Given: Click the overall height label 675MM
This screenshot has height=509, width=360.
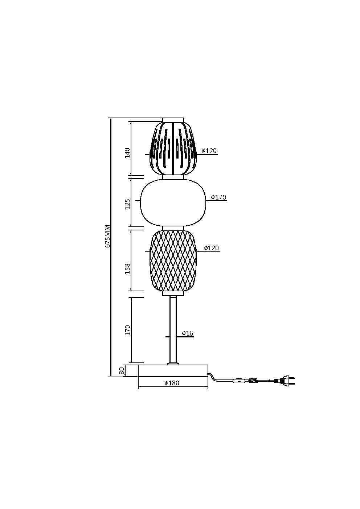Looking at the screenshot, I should (x=107, y=236).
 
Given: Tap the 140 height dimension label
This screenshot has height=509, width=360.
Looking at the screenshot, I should (x=127, y=152).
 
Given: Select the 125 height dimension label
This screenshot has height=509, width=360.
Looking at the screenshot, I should (x=127, y=204).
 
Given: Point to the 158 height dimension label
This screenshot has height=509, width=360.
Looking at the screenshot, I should (x=127, y=268).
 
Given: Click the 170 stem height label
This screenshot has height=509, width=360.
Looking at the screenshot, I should (x=127, y=330).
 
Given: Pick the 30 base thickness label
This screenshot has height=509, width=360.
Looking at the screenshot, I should (x=122, y=370).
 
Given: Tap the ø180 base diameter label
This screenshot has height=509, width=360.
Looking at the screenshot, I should (x=172, y=383).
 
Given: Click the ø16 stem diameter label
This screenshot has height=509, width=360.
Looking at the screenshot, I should (x=187, y=333).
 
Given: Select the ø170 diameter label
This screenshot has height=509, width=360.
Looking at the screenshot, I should (x=218, y=197).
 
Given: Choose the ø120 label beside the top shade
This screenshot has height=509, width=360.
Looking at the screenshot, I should (x=209, y=151).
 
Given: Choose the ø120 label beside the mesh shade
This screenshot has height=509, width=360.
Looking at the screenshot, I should (x=211, y=248).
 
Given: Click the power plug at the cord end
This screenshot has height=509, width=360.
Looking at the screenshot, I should (x=285, y=381).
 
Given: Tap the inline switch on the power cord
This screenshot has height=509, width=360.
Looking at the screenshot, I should (x=238, y=380).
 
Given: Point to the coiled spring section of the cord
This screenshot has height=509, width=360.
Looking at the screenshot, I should (x=254, y=381).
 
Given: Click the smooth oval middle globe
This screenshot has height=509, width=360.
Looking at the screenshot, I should (x=173, y=202).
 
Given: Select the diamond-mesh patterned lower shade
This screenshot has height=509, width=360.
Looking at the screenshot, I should (x=173, y=260).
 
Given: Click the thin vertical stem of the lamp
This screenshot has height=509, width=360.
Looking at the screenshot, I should (x=173, y=328).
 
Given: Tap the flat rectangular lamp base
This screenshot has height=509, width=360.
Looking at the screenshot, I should (x=173, y=370).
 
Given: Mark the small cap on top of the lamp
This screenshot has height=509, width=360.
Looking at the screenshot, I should (x=173, y=119).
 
